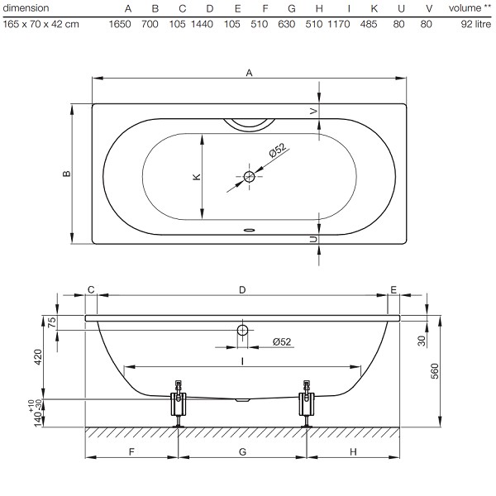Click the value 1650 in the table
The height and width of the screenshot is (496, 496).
120,24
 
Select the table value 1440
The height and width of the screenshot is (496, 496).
202,24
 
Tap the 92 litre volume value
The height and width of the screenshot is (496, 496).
476,24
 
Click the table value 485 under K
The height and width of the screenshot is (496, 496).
369,24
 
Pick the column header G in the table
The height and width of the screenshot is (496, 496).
292,8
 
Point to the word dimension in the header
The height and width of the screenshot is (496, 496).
26,8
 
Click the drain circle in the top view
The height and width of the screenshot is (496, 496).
250,177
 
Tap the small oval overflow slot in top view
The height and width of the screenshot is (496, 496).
250,230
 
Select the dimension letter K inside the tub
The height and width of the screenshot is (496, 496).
197,177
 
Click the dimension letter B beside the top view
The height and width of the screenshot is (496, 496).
67,174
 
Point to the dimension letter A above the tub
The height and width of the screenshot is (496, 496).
250,73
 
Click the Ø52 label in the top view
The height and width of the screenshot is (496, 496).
278,150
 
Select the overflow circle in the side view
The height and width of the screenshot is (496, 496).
242,330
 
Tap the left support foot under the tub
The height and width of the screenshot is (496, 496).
179,404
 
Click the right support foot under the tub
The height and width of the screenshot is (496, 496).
307,404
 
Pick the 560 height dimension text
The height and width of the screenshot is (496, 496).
435,371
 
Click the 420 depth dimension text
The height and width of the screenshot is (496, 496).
38,357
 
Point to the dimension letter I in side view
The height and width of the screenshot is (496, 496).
242,361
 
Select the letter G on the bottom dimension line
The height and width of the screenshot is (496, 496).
242,451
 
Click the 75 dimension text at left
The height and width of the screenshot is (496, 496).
52,322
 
